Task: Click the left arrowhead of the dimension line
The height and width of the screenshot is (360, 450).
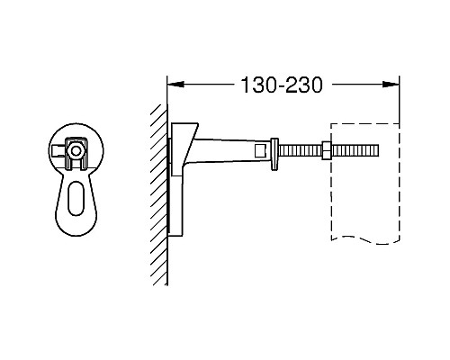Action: pos(175,86)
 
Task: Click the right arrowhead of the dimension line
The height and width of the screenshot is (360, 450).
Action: pos(393,86)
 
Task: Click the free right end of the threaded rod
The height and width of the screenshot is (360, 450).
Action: pos(377,150)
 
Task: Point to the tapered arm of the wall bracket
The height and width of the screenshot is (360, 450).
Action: pos(229,149)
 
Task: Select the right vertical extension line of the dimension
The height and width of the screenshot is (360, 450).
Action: pos(399,99)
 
